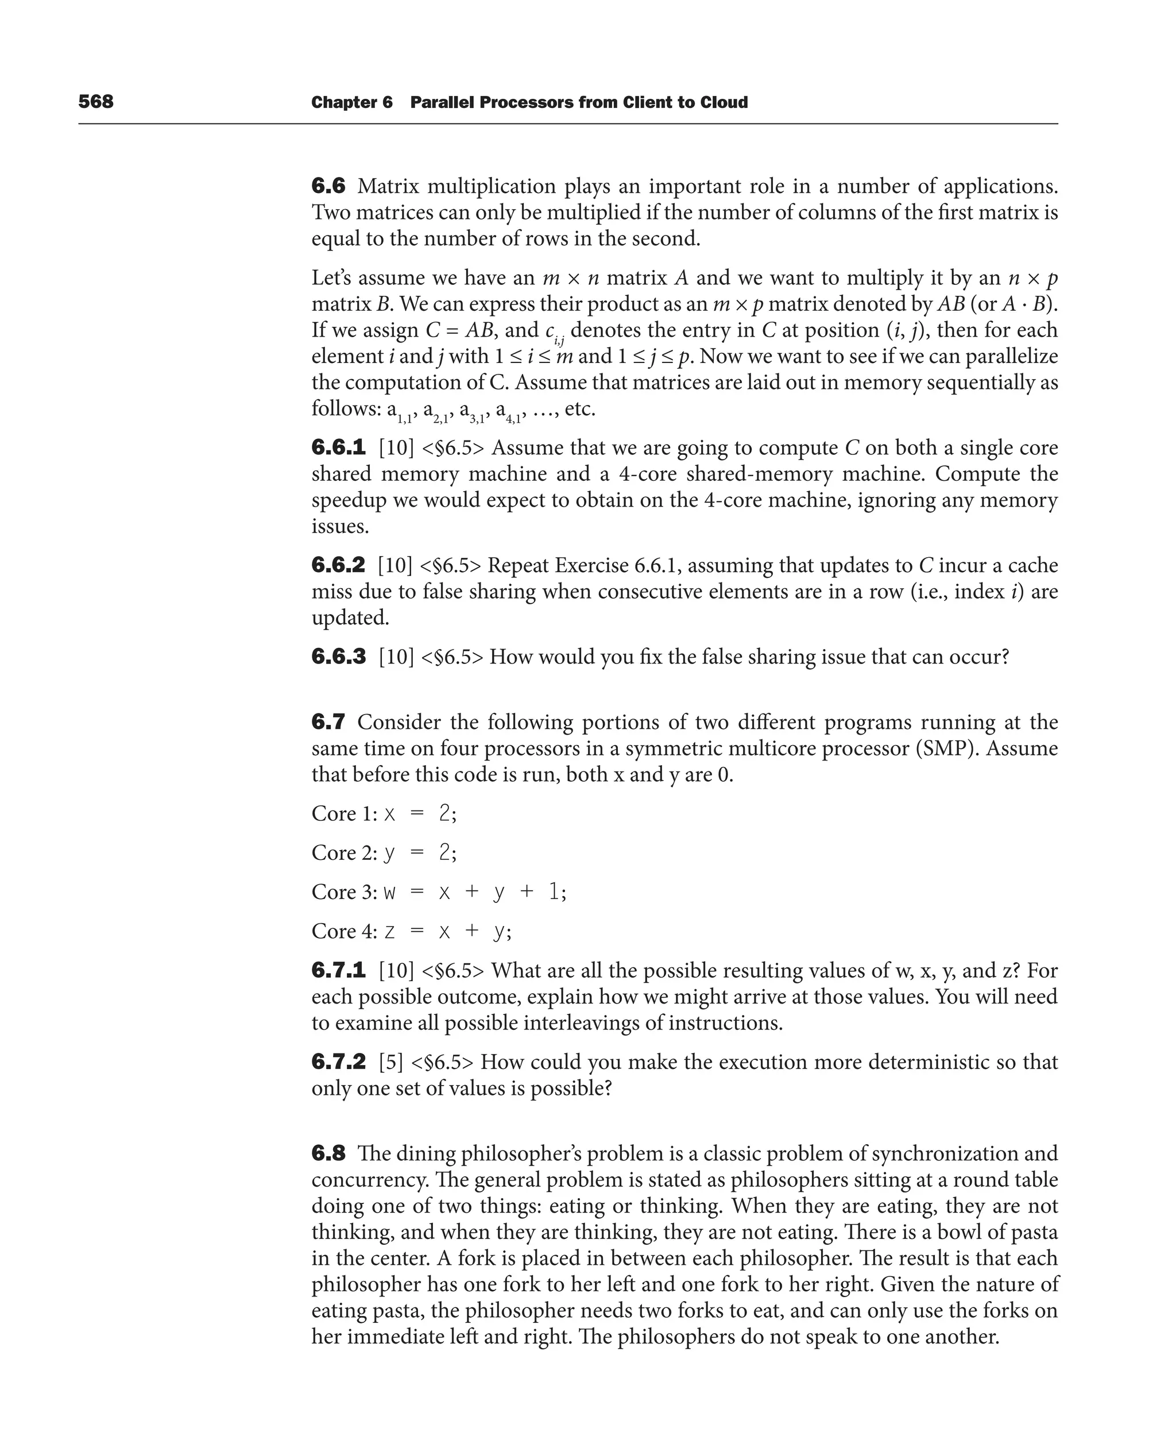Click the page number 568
96,102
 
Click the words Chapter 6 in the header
351,102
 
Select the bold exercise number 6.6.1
338,448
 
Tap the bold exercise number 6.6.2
338,565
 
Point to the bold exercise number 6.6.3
338,657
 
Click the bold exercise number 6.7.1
338,971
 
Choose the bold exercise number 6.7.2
338,1062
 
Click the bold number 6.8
328,1153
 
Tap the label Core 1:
344,813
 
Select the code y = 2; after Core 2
420,852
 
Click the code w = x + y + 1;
474,892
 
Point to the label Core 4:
344,931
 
